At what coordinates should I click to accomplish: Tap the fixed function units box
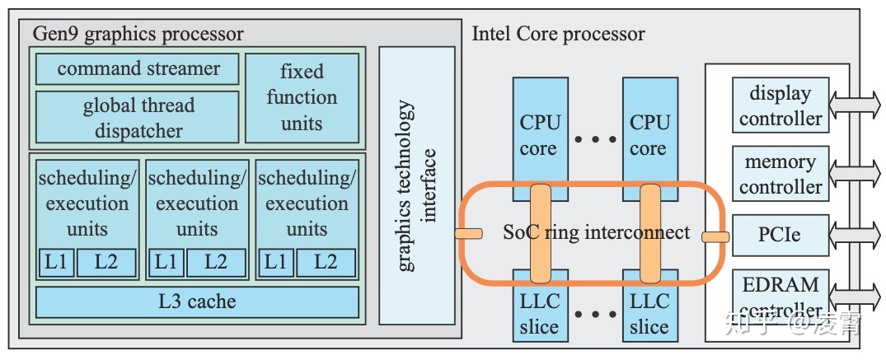pos(302,97)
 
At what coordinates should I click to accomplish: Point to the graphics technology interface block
pos(417,185)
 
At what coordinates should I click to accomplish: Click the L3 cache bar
pos(197,302)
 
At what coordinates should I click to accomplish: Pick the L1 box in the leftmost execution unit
pos(56,263)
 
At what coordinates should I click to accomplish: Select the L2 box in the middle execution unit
pos(216,263)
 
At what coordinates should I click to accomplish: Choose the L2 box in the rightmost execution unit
pos(326,263)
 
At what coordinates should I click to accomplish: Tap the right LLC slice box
pos(649,314)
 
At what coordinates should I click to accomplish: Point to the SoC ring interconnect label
pos(596,232)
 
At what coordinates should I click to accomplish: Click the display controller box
pos(780,105)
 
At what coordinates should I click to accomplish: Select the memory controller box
pos(780,174)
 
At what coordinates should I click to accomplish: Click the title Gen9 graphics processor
pos(138,34)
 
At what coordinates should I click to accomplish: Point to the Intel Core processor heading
pos(558,34)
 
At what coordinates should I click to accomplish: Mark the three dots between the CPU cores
pos(593,140)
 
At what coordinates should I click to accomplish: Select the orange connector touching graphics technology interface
pos(468,234)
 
